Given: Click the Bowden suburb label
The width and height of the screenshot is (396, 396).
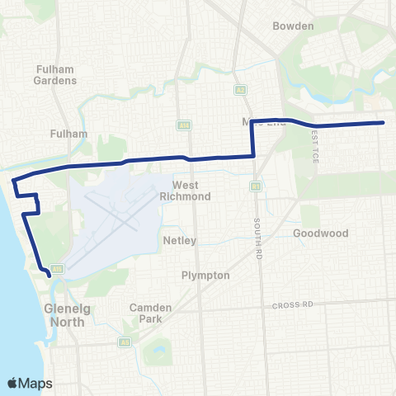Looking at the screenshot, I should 295,26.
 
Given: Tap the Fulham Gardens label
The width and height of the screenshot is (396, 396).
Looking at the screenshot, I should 56,75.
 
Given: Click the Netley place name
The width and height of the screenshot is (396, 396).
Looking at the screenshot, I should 179,241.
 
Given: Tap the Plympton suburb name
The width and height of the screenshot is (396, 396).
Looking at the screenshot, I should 205,276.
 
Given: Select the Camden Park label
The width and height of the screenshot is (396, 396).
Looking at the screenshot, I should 150,313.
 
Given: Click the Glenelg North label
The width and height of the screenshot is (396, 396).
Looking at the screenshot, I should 63,316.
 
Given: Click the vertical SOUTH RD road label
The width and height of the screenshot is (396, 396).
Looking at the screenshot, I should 258,236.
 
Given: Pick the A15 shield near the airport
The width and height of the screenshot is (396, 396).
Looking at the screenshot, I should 57,268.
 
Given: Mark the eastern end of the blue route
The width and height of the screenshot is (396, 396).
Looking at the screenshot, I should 384,123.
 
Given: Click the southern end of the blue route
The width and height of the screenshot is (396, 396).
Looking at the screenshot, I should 49,277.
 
